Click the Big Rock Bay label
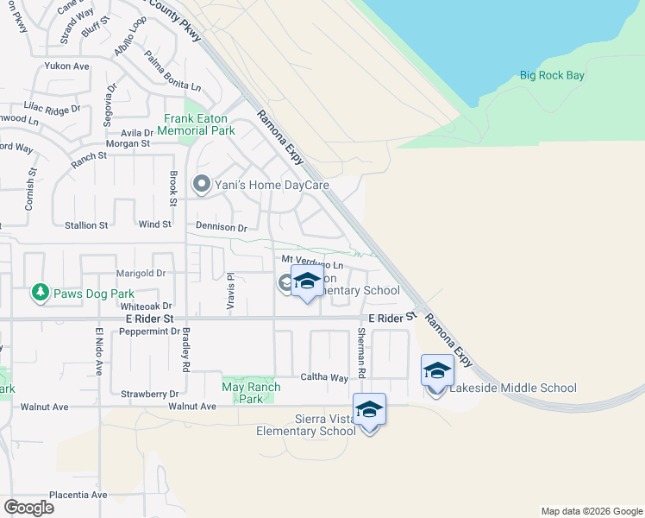pyautogui.click(x=552, y=76)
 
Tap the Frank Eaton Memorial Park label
pyautogui.click(x=200, y=124)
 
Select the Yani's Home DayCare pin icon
pyautogui.click(x=202, y=183)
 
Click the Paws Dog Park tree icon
pyautogui.click(x=40, y=294)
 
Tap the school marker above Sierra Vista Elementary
pyautogui.click(x=369, y=409)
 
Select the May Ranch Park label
pyautogui.click(x=250, y=393)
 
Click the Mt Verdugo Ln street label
pyautogui.click(x=312, y=260)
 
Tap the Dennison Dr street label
pyautogui.click(x=222, y=228)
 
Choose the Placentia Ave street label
pyautogui.click(x=78, y=495)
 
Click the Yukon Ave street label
pyautogui.click(x=68, y=66)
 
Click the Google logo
pyautogui.click(x=29, y=507)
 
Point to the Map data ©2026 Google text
pyautogui.click(x=591, y=511)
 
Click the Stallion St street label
pyautogui.click(x=87, y=224)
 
